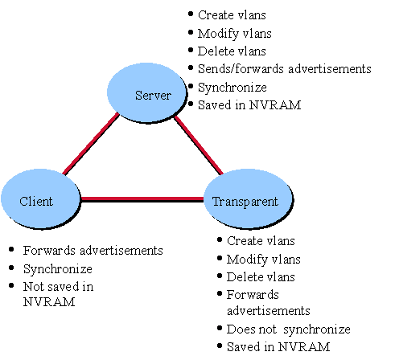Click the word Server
pos(153,96)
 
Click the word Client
pos(36,201)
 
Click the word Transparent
pos(245,201)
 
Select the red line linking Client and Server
pos(89,144)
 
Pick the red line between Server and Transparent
pos(199,145)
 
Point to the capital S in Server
pos(138,96)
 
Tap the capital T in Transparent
pos(216,201)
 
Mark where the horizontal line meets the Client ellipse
pos(81,198)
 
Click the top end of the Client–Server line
pos(117,114)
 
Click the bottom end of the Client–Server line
pos(62,174)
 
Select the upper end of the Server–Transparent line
pos(175,118)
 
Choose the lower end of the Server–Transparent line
pos(221,173)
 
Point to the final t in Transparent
pos(275,201)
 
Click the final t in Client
pos(51,201)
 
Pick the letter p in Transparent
pos(245,202)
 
